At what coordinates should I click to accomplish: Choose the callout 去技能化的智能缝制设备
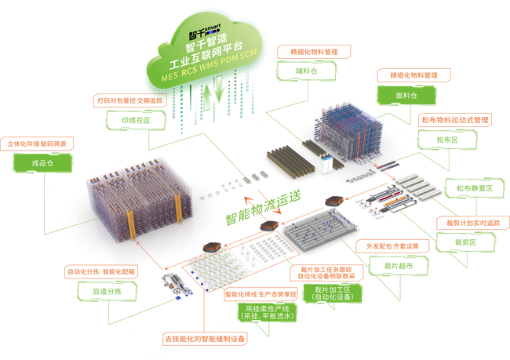point(204,339)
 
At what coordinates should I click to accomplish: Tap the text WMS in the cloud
point(213,67)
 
